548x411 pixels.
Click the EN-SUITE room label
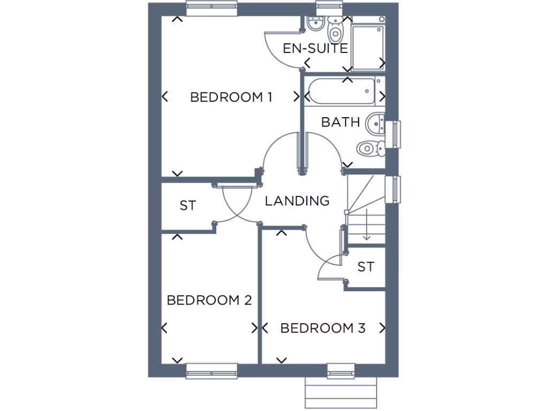[x=315, y=48]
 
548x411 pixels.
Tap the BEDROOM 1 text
[x=231, y=97]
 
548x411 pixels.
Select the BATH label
[x=340, y=122]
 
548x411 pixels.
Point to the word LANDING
[x=297, y=201]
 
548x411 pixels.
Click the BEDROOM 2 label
[x=209, y=300]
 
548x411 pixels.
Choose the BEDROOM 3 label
[x=323, y=328]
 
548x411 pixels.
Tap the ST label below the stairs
[x=366, y=267]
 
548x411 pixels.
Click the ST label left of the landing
[x=188, y=205]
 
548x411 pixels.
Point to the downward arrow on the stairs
[x=367, y=225]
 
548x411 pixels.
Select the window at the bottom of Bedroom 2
[x=211, y=370]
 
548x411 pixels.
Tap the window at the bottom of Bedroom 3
[x=341, y=370]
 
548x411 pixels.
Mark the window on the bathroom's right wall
[x=397, y=134]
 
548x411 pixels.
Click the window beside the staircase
[x=393, y=189]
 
